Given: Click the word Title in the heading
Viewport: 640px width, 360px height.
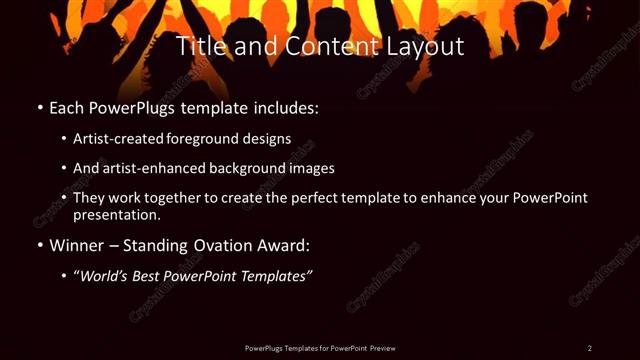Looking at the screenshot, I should point(198,46).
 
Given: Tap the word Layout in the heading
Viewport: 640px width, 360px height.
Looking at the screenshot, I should point(429,46).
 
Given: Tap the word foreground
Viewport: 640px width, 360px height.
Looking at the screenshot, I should point(217,139).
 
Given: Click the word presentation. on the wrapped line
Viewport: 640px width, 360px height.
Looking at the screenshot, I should point(117,214).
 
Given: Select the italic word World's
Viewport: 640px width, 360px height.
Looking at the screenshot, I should point(103,275).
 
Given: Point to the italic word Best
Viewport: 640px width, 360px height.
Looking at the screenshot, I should point(148,275).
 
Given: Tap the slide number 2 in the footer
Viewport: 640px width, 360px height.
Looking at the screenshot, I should point(590,347).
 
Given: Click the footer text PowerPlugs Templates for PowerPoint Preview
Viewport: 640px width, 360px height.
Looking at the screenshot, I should point(320,347).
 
